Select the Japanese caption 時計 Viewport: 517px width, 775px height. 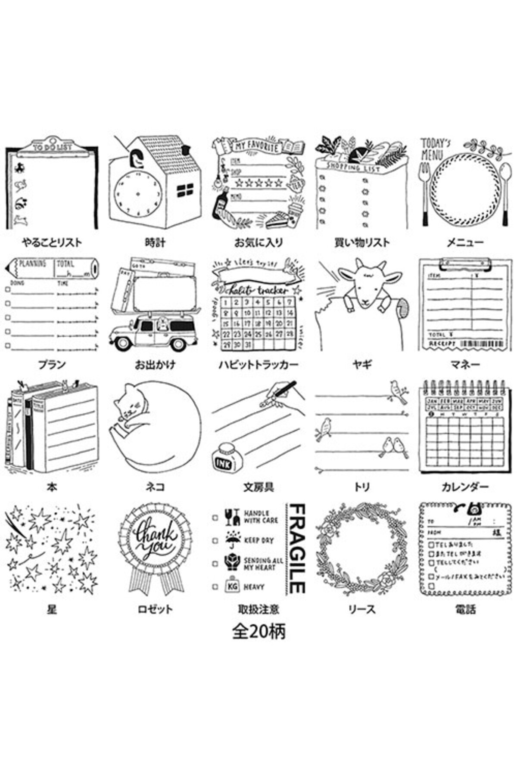click(x=155, y=242)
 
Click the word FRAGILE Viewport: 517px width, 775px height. click(x=296, y=549)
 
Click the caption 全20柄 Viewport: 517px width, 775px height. click(x=258, y=631)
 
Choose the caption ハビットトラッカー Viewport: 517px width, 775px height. click(x=258, y=365)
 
